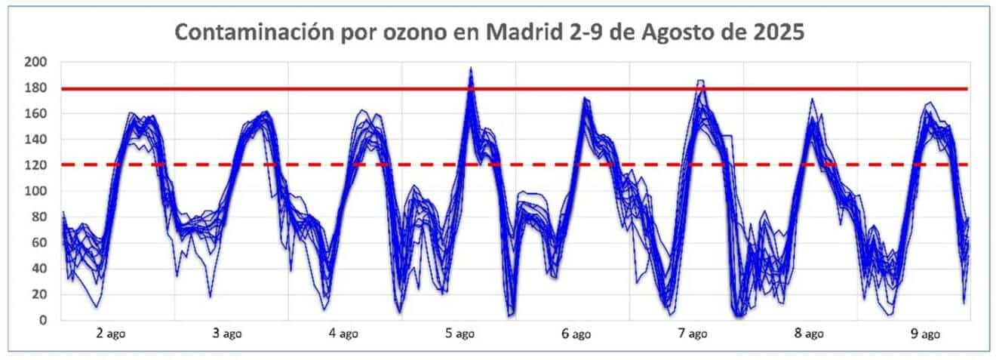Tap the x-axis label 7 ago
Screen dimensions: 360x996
[x=692, y=334]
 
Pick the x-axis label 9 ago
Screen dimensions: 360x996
[x=924, y=334]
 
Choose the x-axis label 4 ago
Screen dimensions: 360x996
[x=344, y=334]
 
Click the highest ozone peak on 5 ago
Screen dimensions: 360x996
[x=471, y=68]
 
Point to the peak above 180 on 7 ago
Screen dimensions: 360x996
[x=701, y=81]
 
